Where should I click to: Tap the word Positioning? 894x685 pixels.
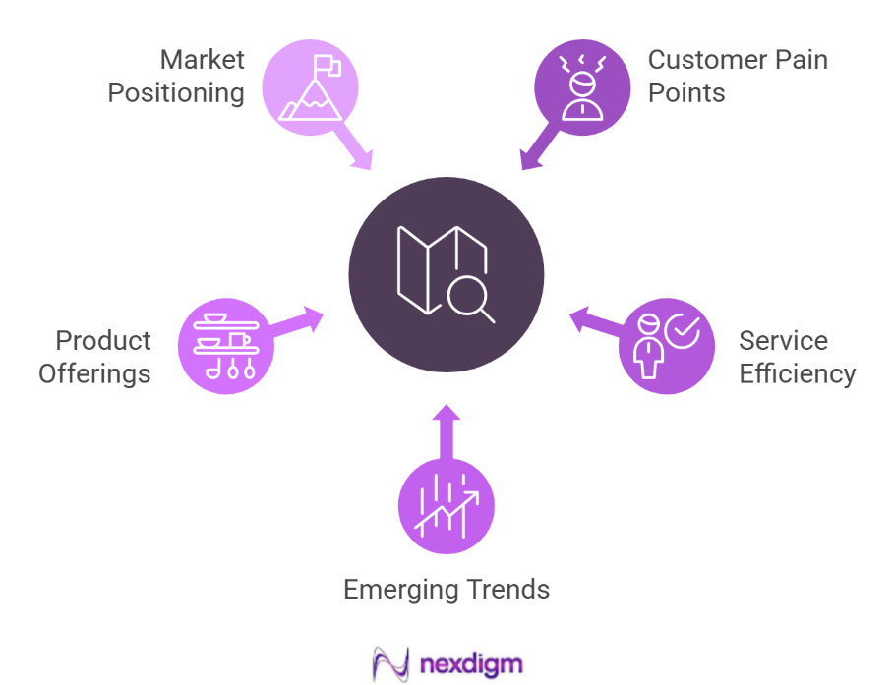176,93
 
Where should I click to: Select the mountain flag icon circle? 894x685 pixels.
310,88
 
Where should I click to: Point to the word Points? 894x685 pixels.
686,93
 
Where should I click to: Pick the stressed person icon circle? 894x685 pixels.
582,88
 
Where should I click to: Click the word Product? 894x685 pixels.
103,341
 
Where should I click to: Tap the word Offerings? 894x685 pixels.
95,374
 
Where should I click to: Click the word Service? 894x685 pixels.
784,341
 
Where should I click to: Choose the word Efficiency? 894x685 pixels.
798,374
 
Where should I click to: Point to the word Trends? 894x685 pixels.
506,590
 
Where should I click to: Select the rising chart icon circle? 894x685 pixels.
447,506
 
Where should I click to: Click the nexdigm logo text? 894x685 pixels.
471,662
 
